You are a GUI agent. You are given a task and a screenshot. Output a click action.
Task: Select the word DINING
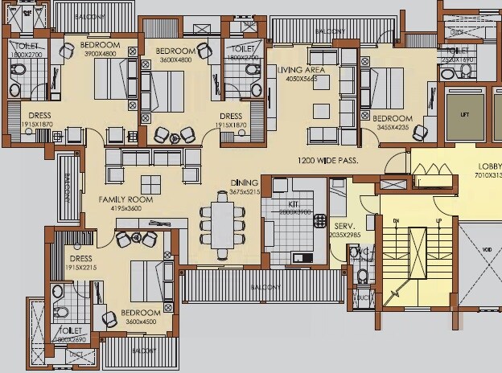245,182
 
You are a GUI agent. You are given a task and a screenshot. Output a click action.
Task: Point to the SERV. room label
344,227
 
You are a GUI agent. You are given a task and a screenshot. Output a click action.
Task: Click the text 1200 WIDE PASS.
327,161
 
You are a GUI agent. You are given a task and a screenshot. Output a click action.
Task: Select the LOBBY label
489,167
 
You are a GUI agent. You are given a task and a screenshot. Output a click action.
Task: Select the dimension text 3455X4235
391,128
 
